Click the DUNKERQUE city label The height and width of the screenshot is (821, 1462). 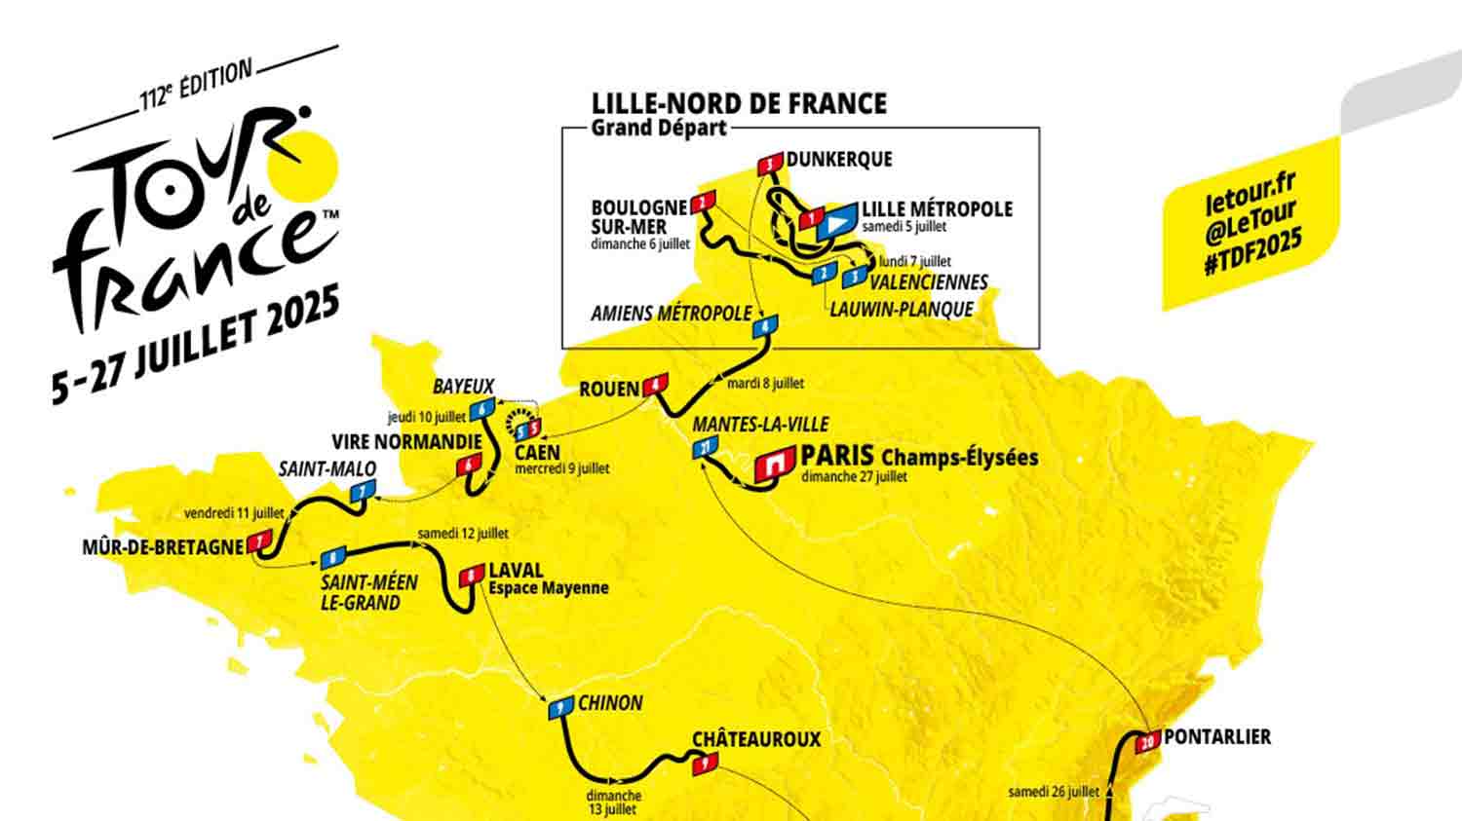coord(839,159)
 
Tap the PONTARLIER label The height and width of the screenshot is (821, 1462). coord(1217,737)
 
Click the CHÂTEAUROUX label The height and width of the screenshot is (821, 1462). coord(756,739)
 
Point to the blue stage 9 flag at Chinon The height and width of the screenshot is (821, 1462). coord(559,709)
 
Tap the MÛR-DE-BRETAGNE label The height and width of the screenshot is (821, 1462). coord(163,547)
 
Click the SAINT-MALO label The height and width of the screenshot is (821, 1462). coord(327,468)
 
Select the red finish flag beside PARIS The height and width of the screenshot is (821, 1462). coord(775,464)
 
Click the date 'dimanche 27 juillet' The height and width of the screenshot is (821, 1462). coord(854,476)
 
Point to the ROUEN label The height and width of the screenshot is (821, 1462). coord(609,389)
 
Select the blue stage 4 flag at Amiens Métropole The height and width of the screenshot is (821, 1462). coord(765,327)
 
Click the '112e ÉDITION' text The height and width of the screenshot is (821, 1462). coord(196,86)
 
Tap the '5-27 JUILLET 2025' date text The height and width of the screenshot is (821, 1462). coord(196,344)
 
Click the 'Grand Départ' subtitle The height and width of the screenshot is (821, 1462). coord(659,128)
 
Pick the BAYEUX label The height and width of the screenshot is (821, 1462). coord(464,386)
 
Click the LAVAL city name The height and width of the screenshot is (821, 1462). coord(516,571)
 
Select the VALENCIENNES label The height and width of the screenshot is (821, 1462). coord(928,282)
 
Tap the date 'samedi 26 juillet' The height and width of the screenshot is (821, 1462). coord(1054,792)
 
